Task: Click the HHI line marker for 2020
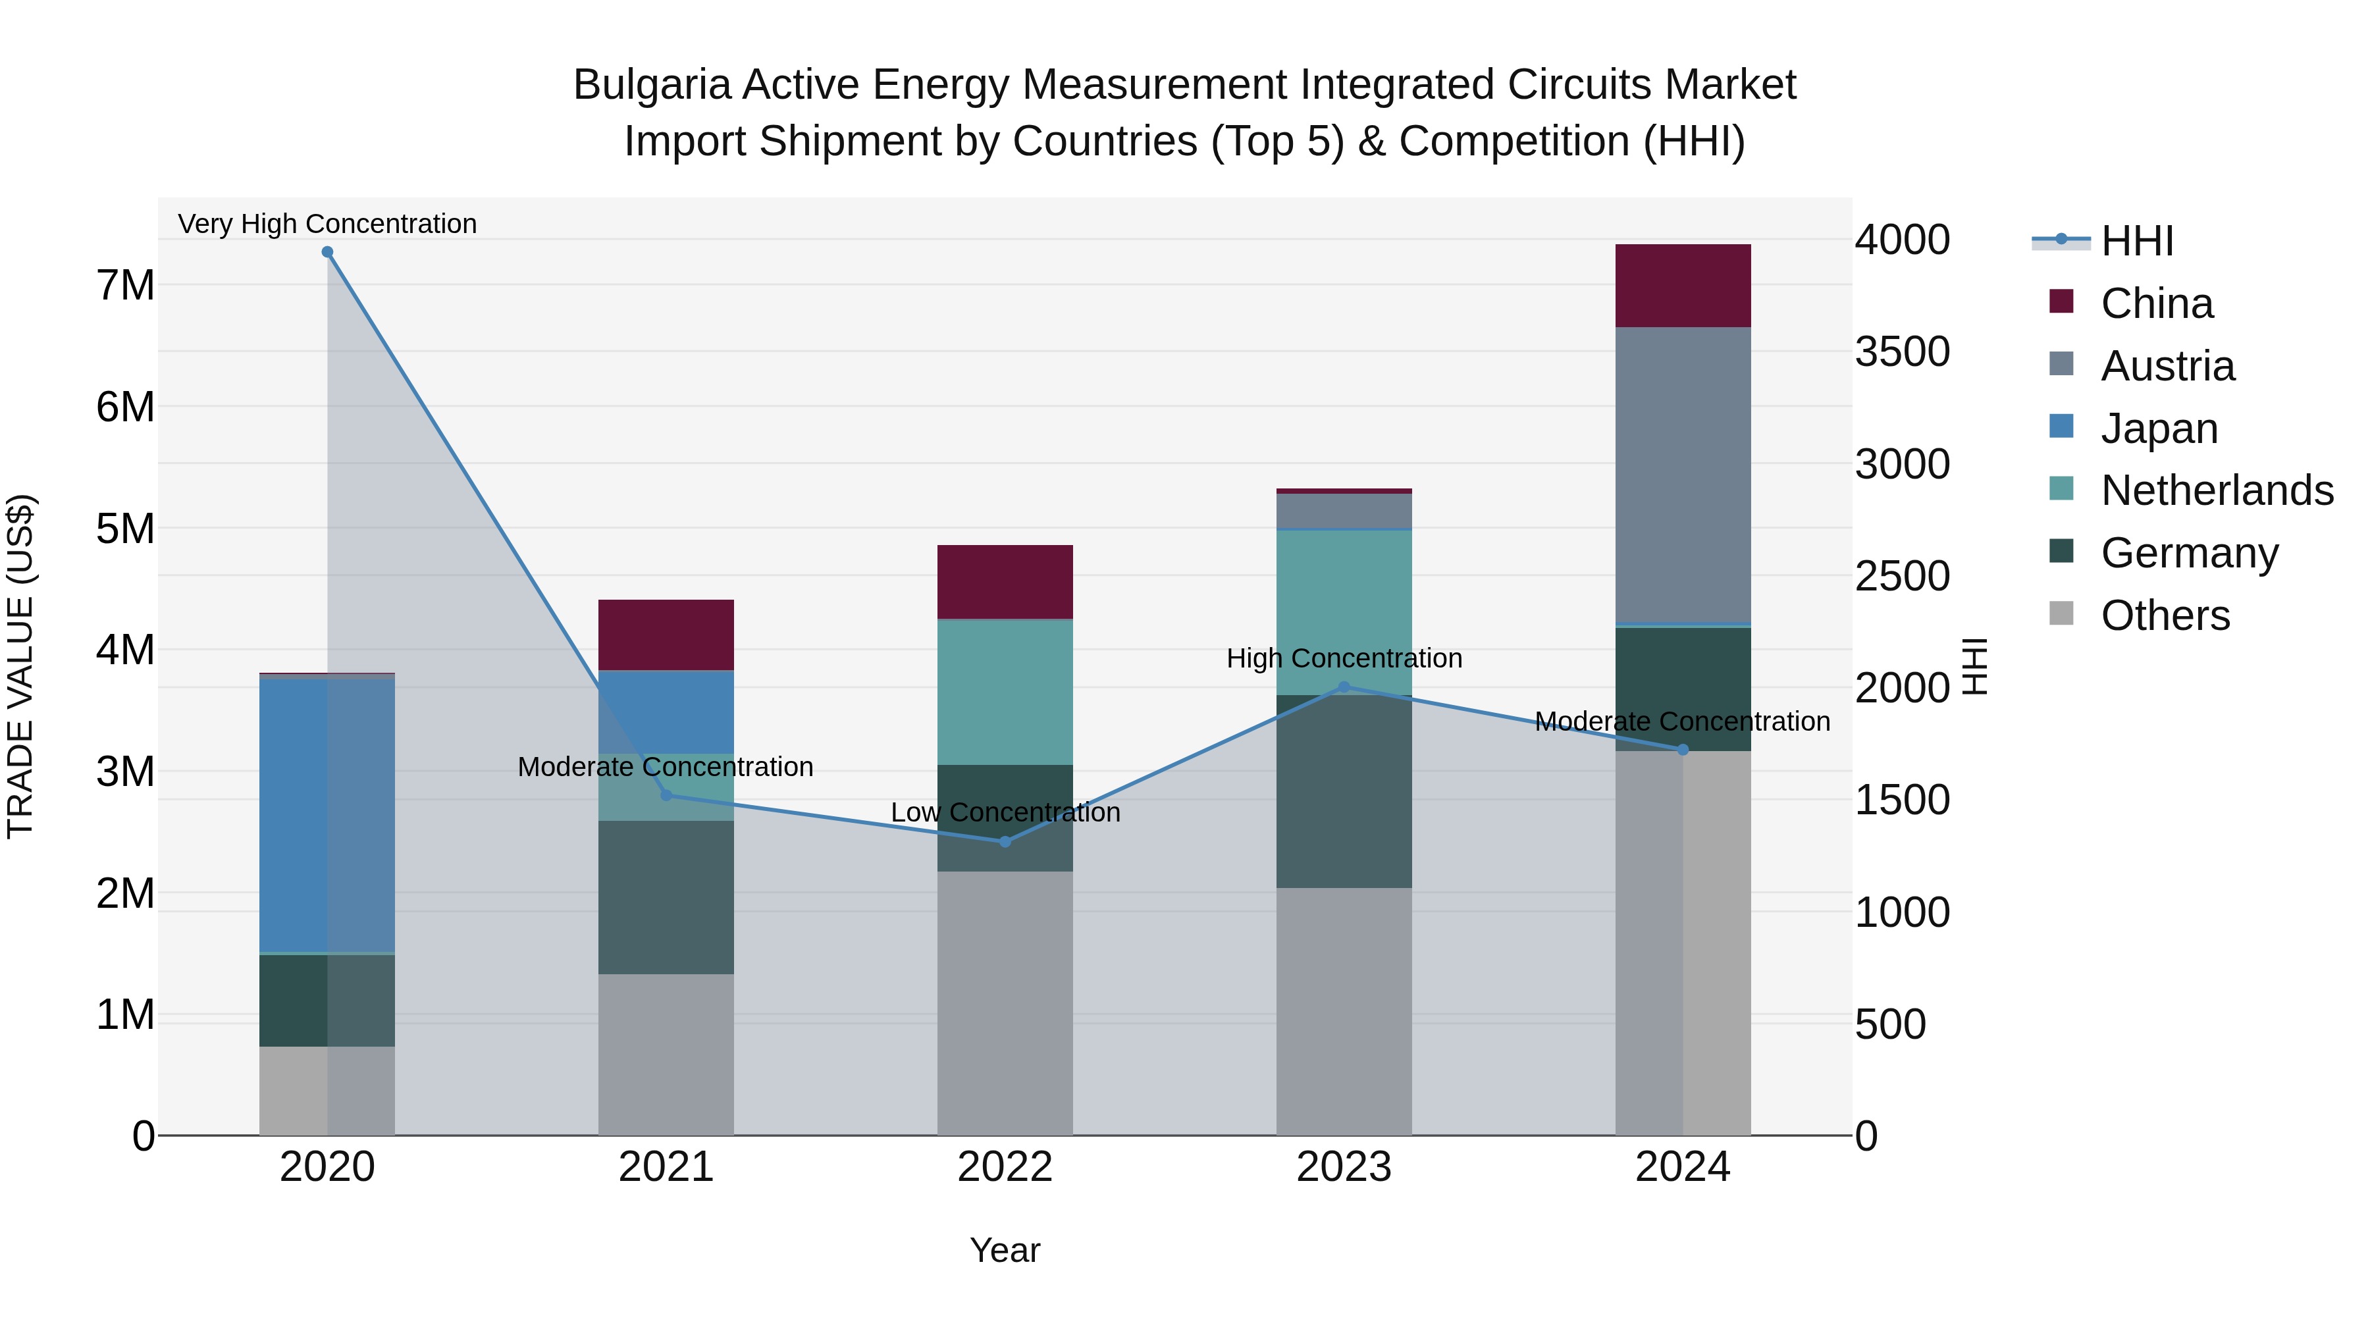point(328,252)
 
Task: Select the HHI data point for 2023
point(1343,687)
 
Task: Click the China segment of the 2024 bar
point(1683,286)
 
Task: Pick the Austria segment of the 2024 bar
point(1683,476)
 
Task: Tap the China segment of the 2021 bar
point(666,635)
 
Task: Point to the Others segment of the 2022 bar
point(1005,1003)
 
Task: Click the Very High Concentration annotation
point(328,224)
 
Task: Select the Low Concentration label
point(1005,812)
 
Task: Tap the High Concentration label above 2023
point(1343,659)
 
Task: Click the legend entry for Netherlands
point(2217,490)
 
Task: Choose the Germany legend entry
point(2189,553)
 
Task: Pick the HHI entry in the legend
point(2136,241)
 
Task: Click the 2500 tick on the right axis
point(1902,577)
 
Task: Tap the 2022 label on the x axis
point(1005,1167)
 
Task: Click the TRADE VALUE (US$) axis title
point(21,666)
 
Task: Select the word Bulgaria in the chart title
point(651,85)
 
